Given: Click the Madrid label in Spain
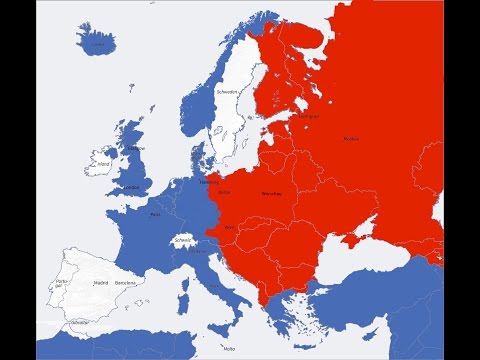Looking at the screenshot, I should tap(101, 283).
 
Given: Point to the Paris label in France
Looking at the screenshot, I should tap(155, 213).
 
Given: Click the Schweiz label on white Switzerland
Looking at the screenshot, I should tap(182, 240).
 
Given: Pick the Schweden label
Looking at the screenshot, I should tap(228, 92).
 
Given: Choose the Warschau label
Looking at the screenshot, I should tap(271, 192).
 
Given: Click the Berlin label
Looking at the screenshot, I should tap(224, 192).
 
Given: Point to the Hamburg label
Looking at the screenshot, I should tap(209, 182).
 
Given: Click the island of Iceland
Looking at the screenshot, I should tap(97, 43).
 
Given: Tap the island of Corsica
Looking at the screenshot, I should tap(187, 274).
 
